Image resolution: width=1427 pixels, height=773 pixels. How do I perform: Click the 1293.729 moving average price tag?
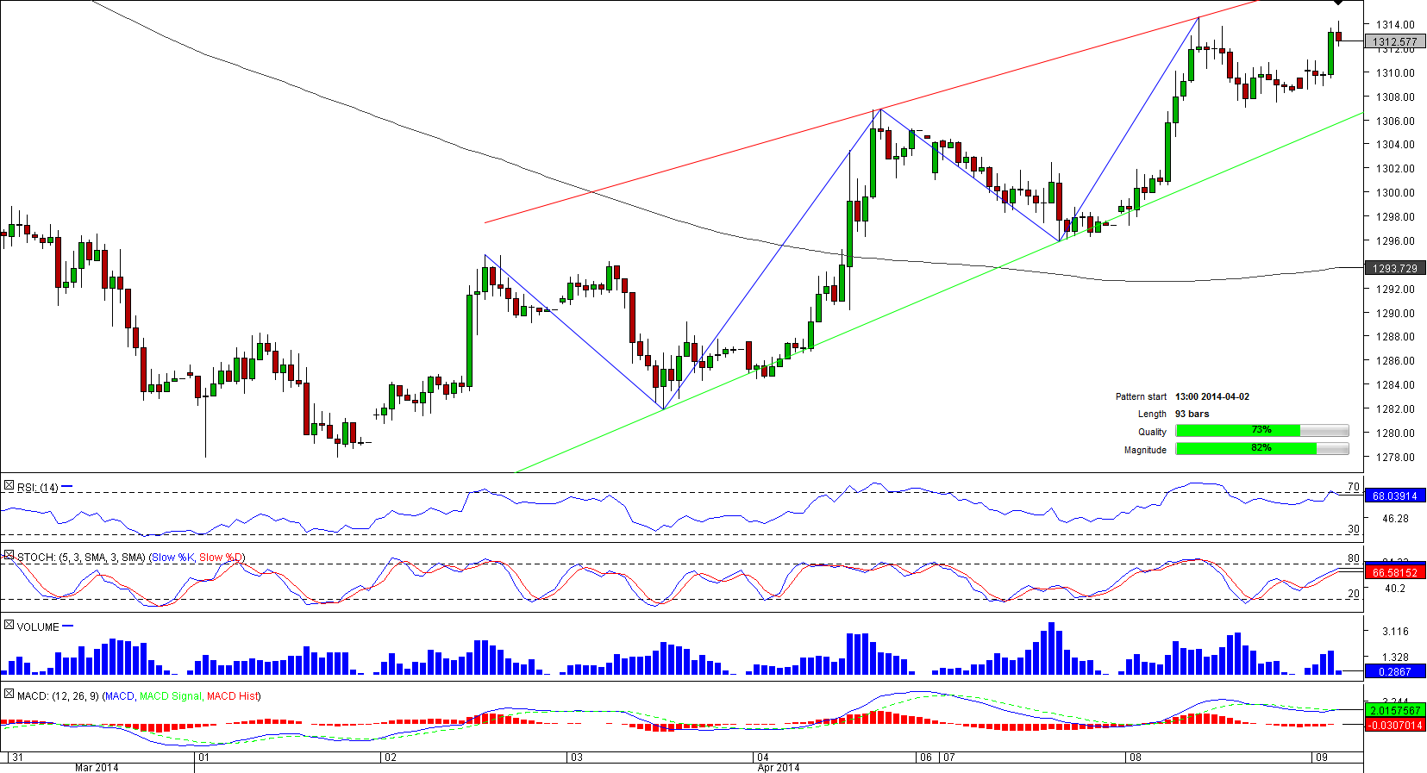[1395, 269]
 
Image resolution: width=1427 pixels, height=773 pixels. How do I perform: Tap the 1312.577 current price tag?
[1395, 41]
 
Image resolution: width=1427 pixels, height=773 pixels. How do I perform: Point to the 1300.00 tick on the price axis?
[1395, 193]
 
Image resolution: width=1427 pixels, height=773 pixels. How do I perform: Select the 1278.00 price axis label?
[1395, 458]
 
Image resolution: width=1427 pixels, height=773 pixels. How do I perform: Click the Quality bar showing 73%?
[1261, 431]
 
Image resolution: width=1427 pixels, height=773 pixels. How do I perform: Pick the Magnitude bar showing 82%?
[1261, 449]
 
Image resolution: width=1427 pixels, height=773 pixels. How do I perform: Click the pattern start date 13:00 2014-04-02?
[1211, 396]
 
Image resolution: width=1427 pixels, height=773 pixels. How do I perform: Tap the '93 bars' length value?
[1192, 415]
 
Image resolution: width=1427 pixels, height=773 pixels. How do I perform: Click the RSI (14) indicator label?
[38, 488]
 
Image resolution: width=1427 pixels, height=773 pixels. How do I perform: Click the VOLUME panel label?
[38, 627]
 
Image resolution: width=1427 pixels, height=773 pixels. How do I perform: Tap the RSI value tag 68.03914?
[1395, 496]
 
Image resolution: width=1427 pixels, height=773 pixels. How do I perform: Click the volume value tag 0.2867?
[1395, 671]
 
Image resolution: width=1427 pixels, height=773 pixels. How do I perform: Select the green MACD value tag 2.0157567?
[1395, 710]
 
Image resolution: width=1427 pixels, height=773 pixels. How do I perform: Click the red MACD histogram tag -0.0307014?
[1395, 725]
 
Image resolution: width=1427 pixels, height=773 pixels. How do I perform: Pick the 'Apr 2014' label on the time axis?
[778, 767]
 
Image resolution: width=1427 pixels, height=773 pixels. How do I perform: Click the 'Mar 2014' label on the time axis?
[97, 767]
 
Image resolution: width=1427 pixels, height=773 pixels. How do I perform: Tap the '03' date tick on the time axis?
[576, 757]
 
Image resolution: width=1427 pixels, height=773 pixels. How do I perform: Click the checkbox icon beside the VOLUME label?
[9, 625]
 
